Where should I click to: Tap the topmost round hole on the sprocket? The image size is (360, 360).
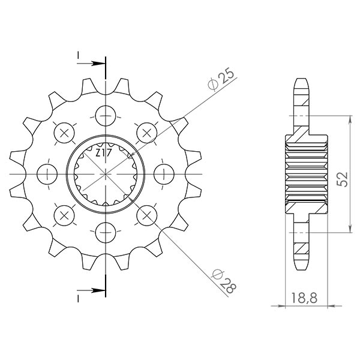(106, 115)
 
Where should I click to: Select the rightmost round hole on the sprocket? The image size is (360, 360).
(163, 173)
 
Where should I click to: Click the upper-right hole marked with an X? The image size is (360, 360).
(146, 132)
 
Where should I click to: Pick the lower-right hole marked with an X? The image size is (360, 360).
(146, 214)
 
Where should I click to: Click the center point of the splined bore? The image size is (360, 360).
(106, 173)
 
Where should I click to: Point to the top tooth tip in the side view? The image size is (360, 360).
(302, 82)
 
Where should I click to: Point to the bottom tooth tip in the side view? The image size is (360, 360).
(302, 265)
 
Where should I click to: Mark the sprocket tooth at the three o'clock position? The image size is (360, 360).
(195, 173)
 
